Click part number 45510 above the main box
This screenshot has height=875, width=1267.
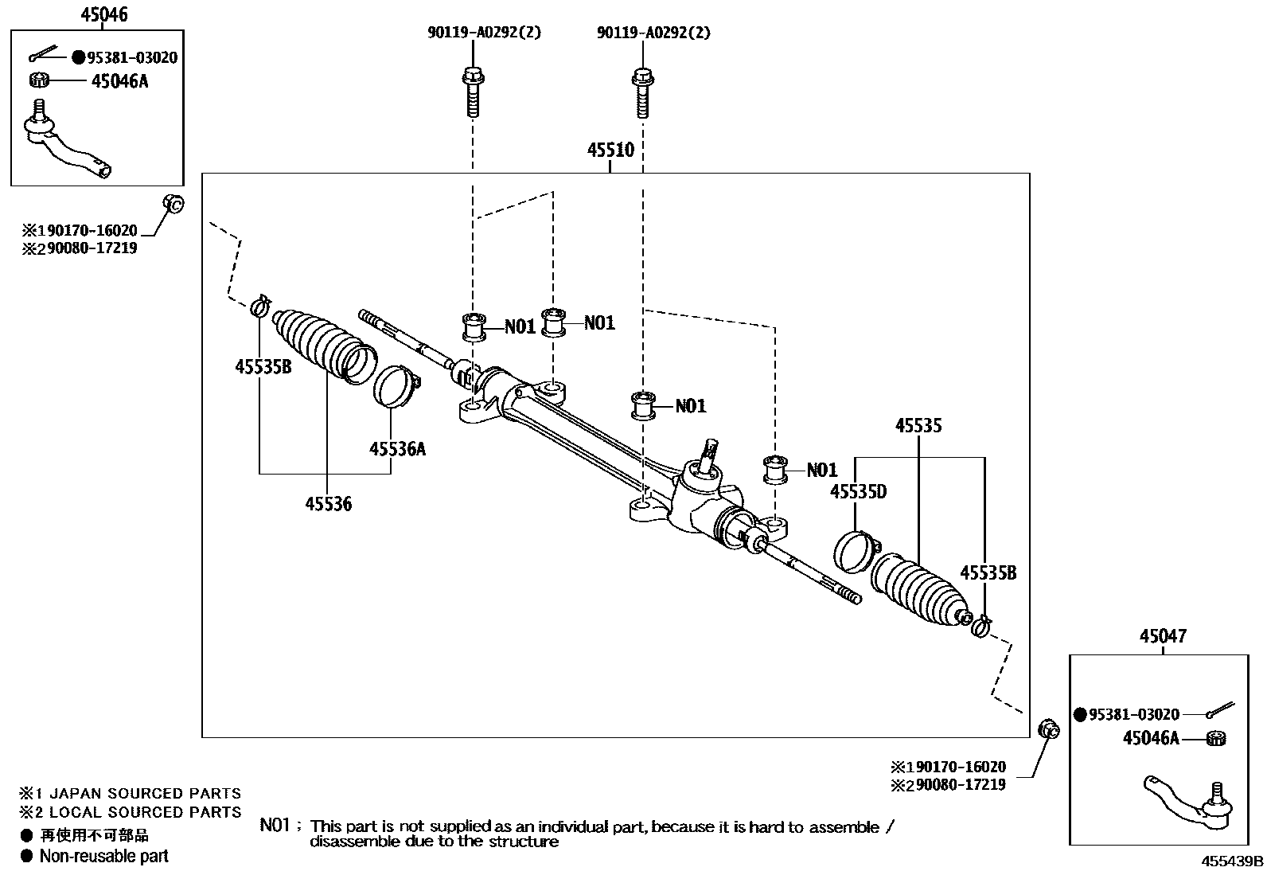[610, 150]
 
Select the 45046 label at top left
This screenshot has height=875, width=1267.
[104, 14]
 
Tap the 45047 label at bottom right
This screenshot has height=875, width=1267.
[1163, 636]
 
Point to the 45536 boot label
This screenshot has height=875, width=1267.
[328, 503]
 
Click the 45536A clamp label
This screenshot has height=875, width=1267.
[397, 449]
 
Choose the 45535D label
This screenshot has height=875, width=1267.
[858, 491]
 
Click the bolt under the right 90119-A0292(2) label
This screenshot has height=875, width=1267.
[641, 94]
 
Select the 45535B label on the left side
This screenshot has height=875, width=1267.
[263, 366]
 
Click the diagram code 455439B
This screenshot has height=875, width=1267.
[1232, 861]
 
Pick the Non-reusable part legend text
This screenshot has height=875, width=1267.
[103, 857]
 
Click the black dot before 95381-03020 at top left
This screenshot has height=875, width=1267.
[78, 57]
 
